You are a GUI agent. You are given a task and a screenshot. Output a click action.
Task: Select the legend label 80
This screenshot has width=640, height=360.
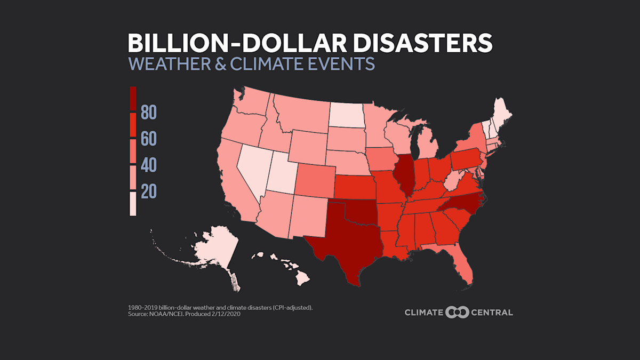coord(149,113)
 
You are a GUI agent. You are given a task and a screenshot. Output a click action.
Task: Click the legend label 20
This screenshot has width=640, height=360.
coord(149,192)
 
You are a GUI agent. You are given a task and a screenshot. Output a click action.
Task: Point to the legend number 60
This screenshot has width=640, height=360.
coord(149,140)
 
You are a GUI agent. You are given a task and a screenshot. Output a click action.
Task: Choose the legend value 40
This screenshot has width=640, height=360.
coord(149,166)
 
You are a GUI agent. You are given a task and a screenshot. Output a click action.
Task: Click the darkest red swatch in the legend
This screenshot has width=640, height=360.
coord(133,99)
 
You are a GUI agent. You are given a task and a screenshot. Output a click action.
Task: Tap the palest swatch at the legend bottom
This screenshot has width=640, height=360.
coord(133,204)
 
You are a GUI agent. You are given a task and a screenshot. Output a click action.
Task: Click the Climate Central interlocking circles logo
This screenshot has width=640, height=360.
coord(457,312)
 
